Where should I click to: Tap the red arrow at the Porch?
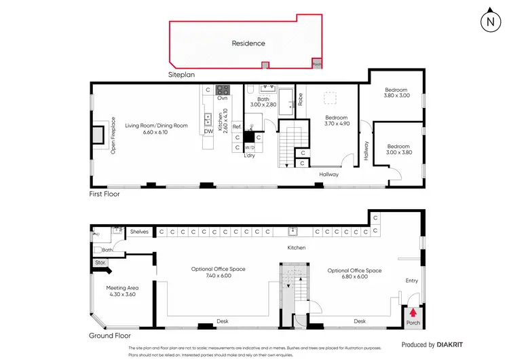(411, 310)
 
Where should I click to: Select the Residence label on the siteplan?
(248, 43)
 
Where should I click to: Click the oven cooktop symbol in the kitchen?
(223, 89)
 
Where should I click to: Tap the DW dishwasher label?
(208, 132)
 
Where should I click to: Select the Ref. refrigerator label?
(237, 127)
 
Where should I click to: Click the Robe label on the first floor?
(301, 98)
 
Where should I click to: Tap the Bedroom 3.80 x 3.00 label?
(396, 93)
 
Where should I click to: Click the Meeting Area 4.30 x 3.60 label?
(121, 291)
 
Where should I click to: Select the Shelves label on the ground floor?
(139, 232)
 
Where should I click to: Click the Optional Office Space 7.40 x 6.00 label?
(218, 273)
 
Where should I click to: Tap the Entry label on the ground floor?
(412, 280)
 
